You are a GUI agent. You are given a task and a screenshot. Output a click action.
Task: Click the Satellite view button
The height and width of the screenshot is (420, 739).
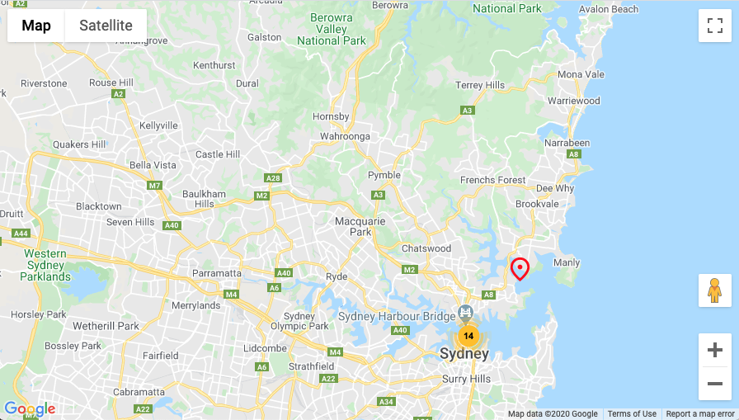106,26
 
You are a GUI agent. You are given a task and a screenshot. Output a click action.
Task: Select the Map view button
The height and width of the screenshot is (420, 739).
36,26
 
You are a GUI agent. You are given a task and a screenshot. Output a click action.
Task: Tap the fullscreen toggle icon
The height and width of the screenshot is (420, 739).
714,26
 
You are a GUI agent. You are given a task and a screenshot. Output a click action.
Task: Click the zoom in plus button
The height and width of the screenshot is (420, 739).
714,350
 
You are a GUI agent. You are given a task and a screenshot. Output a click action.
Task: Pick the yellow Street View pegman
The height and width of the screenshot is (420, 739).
714,290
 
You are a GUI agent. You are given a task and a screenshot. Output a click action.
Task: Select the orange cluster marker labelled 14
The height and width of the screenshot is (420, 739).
468,336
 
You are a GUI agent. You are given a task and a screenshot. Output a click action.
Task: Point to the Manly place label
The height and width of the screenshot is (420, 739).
567,262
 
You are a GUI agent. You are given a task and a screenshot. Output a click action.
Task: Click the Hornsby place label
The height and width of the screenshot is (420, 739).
332,116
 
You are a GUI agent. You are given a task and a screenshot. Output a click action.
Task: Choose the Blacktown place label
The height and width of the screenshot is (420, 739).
98,206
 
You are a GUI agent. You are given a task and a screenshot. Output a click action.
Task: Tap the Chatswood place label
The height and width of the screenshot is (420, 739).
426,248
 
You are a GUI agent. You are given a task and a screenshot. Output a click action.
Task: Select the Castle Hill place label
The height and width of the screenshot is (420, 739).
218,154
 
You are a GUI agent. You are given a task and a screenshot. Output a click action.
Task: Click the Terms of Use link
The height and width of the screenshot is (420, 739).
632,413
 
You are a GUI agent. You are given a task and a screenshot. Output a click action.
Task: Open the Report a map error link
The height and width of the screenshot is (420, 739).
700,413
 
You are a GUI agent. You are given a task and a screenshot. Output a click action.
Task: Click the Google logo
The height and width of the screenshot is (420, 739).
30,408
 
